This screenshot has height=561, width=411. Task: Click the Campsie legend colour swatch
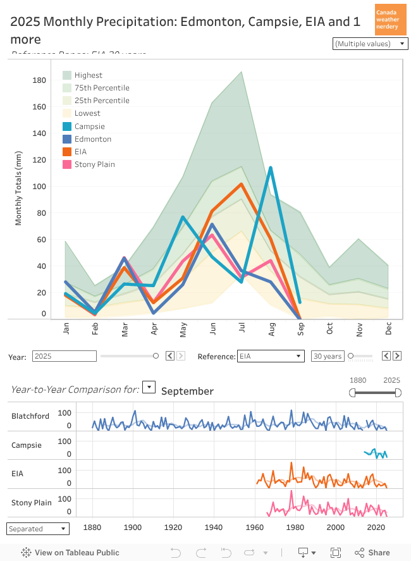67,126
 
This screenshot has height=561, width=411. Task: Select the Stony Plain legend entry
94,164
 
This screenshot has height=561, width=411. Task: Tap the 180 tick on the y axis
39,80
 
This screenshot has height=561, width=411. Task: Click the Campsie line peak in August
271,168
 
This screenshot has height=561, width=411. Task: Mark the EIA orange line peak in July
241,184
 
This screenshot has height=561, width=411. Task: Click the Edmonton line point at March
125,258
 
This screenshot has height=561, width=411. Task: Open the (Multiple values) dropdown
370,44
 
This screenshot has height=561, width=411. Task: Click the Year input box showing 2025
64,356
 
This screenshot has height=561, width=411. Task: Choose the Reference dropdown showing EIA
270,356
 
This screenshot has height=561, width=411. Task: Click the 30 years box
328,356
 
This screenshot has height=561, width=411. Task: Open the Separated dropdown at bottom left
37,529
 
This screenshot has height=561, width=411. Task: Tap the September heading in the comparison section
187,391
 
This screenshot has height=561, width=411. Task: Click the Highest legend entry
88,75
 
